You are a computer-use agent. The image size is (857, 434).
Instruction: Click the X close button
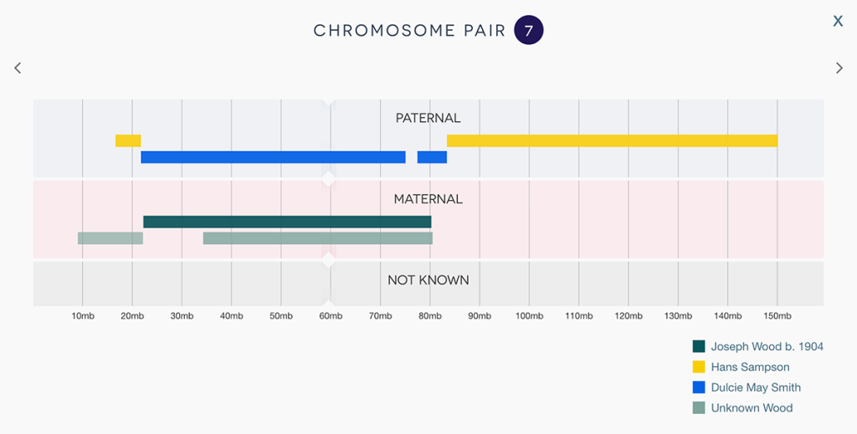coord(838,22)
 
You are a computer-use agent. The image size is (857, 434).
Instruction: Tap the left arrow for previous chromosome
coord(18,68)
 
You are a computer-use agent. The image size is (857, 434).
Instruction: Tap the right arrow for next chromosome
coord(839,68)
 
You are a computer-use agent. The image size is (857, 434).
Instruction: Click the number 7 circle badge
coord(529,31)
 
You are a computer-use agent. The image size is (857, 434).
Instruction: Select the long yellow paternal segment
coord(612,140)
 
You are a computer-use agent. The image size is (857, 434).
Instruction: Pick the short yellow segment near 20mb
coord(128,140)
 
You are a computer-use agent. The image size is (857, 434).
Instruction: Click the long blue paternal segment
coord(273,157)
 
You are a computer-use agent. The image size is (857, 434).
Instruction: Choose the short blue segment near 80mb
coord(432,157)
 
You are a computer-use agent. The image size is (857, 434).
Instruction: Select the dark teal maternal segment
coord(287,222)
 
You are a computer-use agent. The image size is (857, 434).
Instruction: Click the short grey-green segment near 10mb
coord(110,238)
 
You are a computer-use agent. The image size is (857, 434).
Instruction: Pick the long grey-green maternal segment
coord(317,238)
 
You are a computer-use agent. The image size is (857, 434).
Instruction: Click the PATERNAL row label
coord(428,118)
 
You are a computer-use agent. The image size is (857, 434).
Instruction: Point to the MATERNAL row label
coord(428,199)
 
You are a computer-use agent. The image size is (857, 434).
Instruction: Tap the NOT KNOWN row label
coord(428,280)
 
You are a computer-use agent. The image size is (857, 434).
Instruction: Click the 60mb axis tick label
coord(331,316)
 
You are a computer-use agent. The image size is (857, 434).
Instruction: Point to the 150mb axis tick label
coord(777,316)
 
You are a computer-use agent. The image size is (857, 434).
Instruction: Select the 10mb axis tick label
coord(83,316)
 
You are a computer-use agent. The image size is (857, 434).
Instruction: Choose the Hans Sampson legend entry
coord(750,367)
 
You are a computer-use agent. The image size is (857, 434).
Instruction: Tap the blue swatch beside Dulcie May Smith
coord(699,387)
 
